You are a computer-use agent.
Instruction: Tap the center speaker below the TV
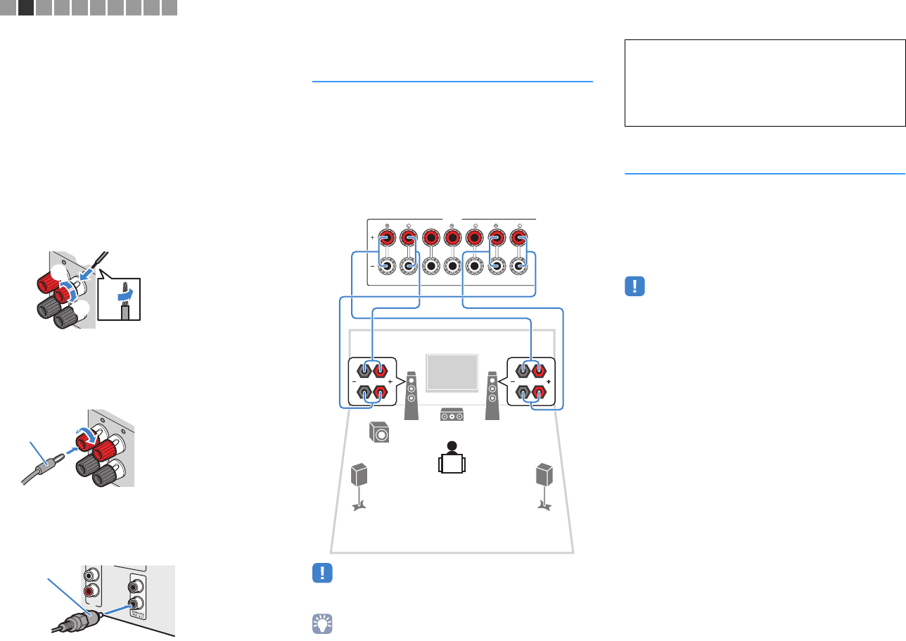(x=451, y=416)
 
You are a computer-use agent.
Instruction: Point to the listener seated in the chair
(x=451, y=458)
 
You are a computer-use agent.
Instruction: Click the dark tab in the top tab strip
(x=27, y=8)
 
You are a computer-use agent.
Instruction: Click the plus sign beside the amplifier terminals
(x=371, y=239)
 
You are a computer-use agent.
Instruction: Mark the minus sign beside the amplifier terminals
(x=371, y=267)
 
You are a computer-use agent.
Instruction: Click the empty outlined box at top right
(x=765, y=82)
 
